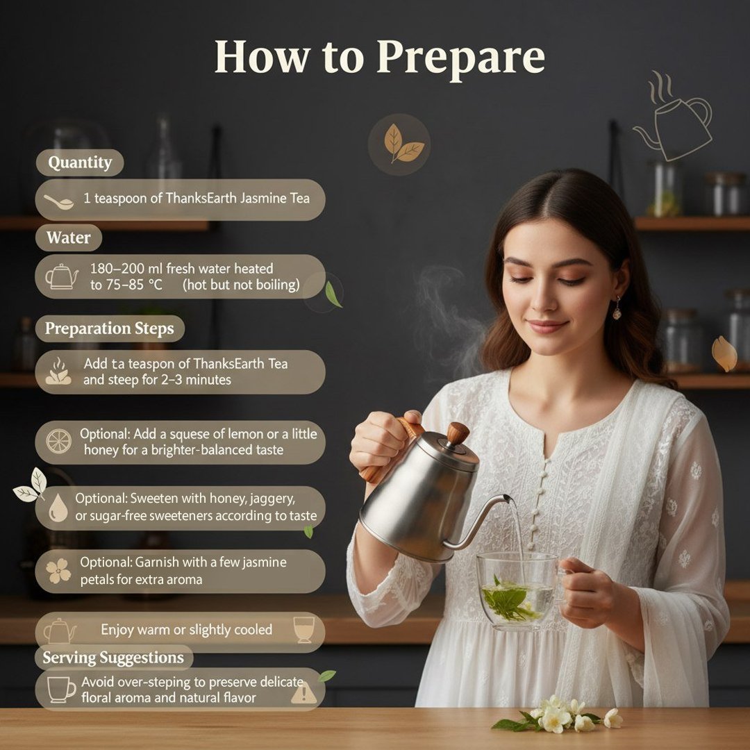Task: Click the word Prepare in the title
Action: click(x=460, y=58)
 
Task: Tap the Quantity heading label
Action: click(x=80, y=163)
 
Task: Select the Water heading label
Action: click(x=68, y=238)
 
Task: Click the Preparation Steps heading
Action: click(x=110, y=328)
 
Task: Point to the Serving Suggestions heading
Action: click(x=113, y=658)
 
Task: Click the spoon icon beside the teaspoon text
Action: click(x=59, y=201)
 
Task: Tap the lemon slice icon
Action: click(x=58, y=441)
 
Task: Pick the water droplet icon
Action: click(x=58, y=509)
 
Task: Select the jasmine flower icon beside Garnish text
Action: click(x=58, y=571)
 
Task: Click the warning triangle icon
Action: click(x=303, y=692)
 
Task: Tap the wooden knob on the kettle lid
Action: click(x=458, y=433)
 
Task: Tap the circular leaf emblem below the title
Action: click(x=399, y=144)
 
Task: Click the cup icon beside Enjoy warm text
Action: click(x=303, y=629)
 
